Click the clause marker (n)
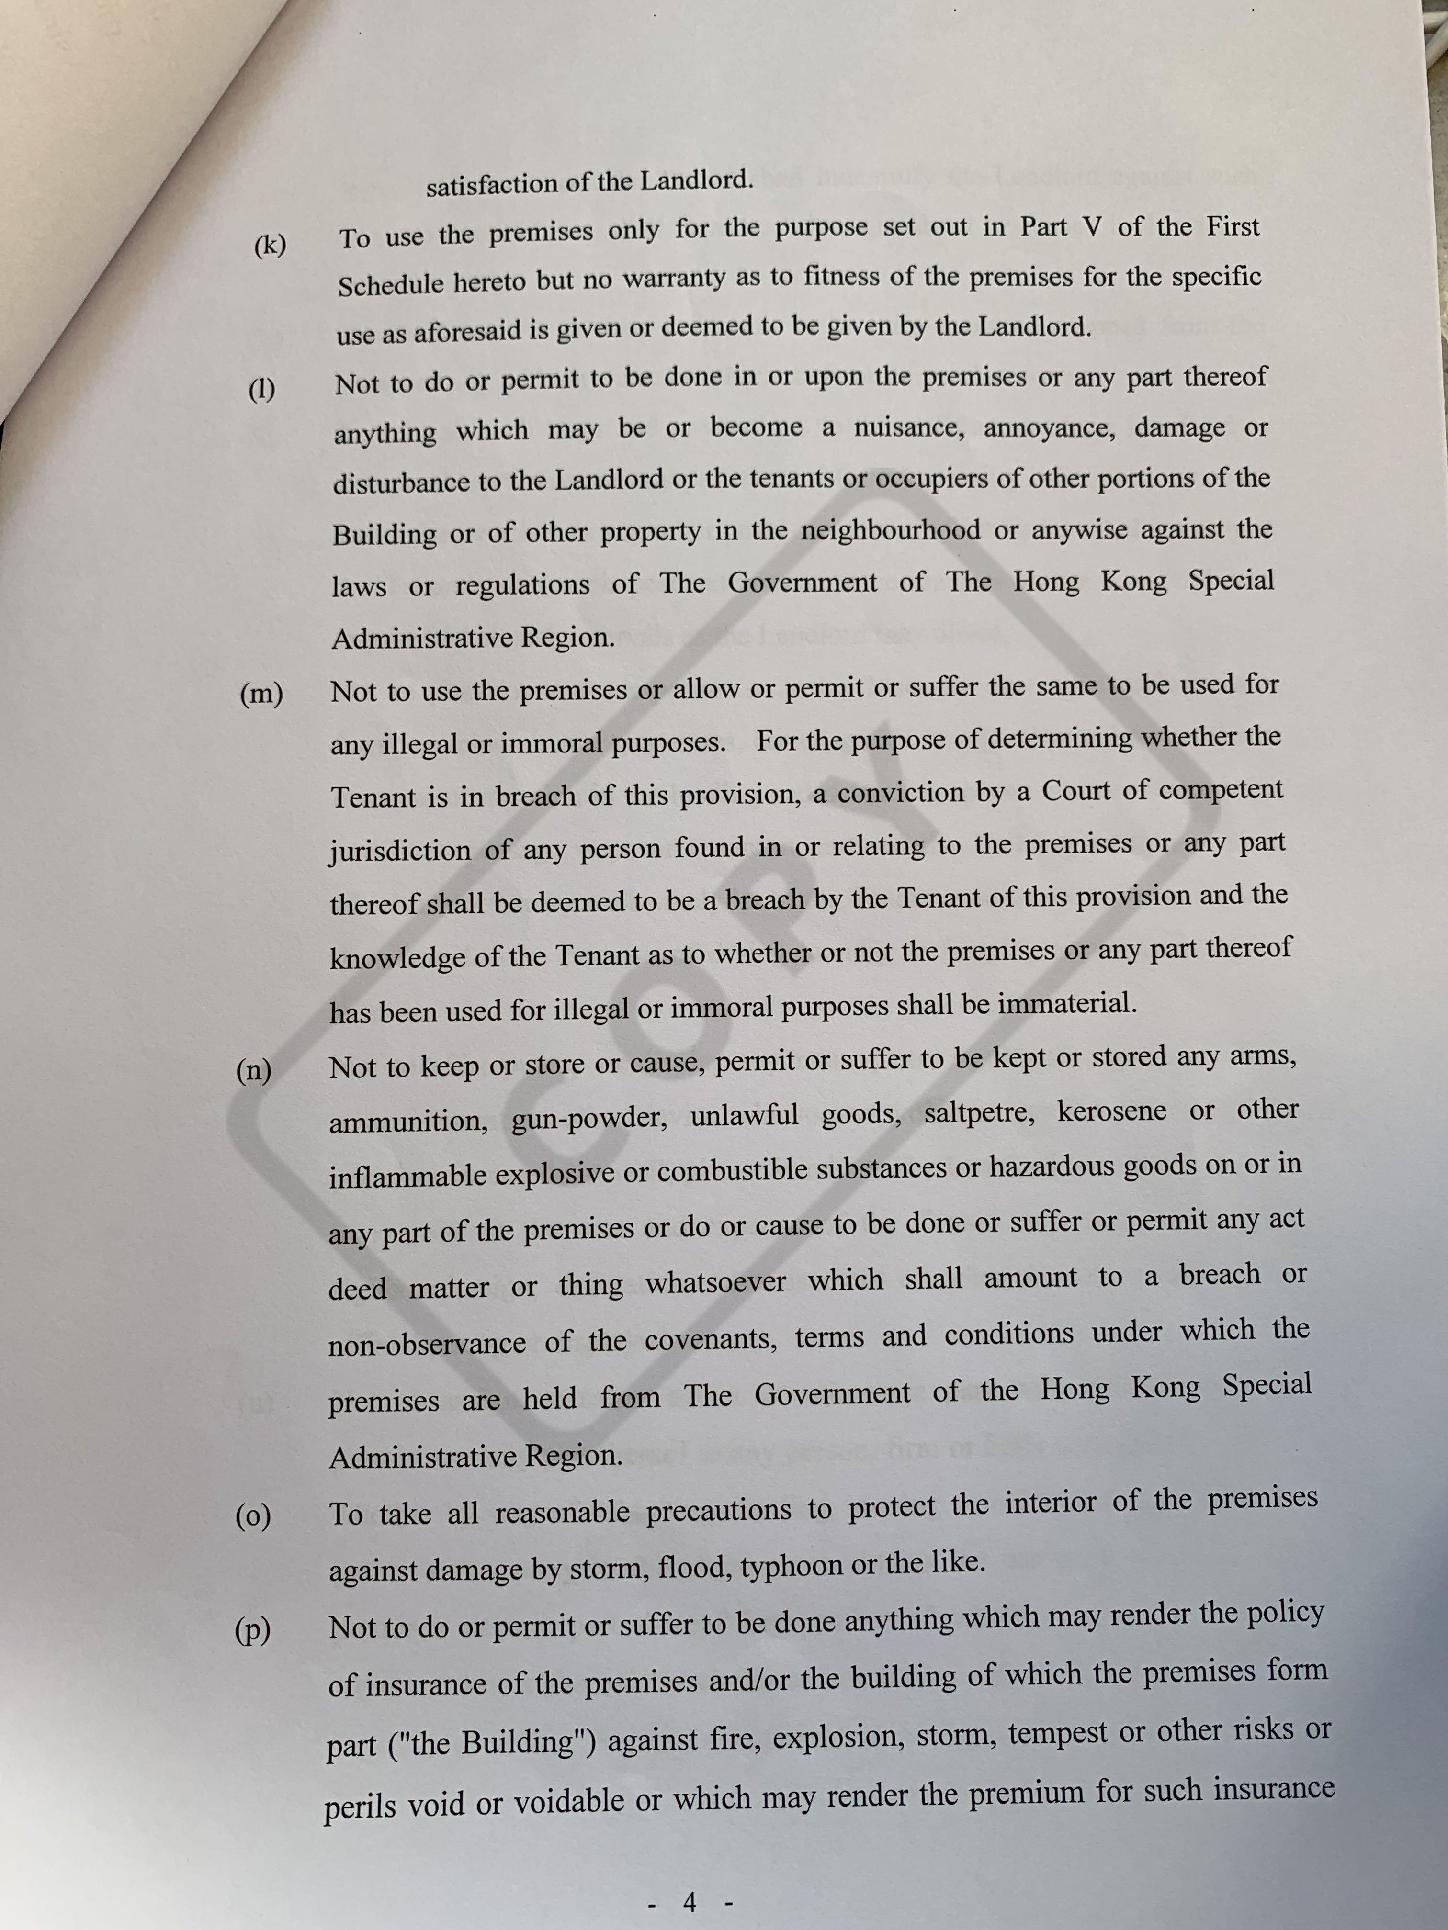(254, 1070)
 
